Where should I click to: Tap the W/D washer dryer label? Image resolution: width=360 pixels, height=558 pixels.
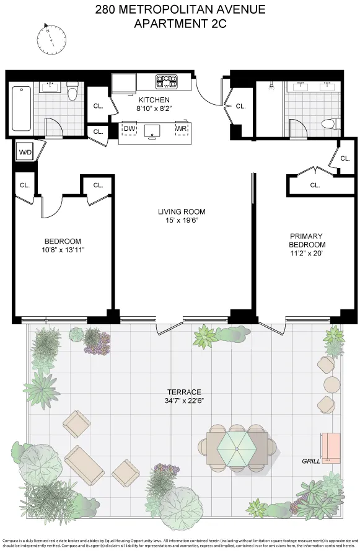pyautogui.click(x=25, y=151)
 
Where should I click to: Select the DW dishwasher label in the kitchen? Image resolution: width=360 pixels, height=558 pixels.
pyautogui.click(x=130, y=129)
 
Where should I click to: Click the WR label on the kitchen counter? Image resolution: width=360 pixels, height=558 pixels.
pyautogui.click(x=181, y=129)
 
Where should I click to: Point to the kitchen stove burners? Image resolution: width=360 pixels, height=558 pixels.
pyautogui.click(x=167, y=81)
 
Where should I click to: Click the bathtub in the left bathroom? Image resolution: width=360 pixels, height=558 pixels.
pyautogui.click(x=21, y=108)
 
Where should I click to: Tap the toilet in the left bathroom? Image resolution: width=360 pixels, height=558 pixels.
pyautogui.click(x=72, y=92)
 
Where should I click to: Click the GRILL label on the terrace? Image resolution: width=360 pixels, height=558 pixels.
pyautogui.click(x=311, y=461)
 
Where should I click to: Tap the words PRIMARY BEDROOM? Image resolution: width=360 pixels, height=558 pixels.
pyautogui.click(x=307, y=240)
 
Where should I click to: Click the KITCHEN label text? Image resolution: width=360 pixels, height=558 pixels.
pyautogui.click(x=154, y=100)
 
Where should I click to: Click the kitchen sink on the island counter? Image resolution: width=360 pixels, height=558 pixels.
pyautogui.click(x=153, y=130)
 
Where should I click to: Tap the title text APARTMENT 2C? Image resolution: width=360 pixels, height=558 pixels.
pyautogui.click(x=180, y=24)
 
